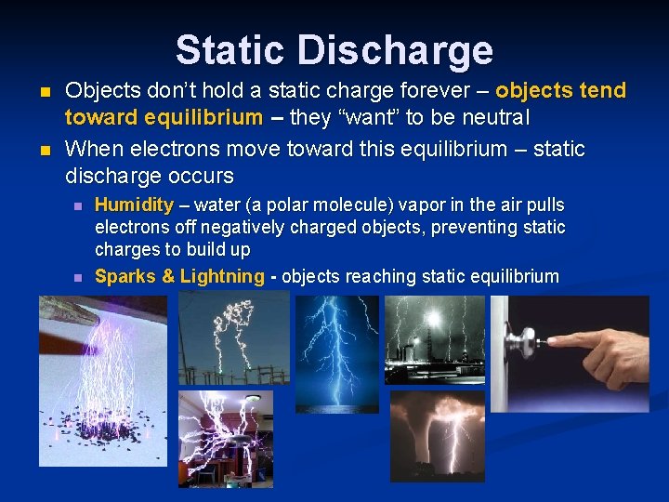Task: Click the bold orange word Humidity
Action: coord(134,205)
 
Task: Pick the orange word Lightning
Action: coord(222,276)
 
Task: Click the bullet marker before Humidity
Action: coord(78,205)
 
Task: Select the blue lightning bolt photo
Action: coord(336,353)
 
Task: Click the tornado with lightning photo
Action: coord(437,435)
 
